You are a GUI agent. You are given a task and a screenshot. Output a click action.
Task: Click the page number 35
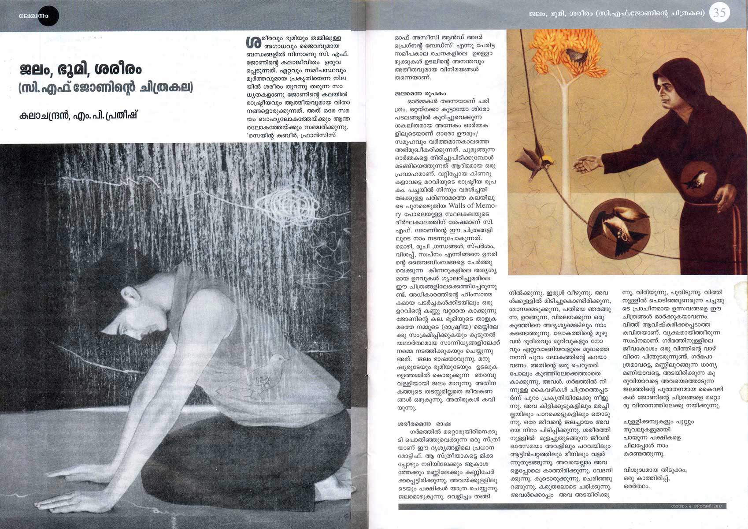(x=719, y=13)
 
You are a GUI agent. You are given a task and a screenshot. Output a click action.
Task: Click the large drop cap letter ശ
(x=253, y=42)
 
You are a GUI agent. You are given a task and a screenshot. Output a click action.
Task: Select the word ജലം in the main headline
(x=35, y=70)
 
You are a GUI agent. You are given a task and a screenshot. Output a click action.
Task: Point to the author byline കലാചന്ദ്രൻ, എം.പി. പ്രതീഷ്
(x=78, y=115)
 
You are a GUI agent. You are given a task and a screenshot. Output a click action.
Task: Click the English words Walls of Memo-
(x=472, y=206)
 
